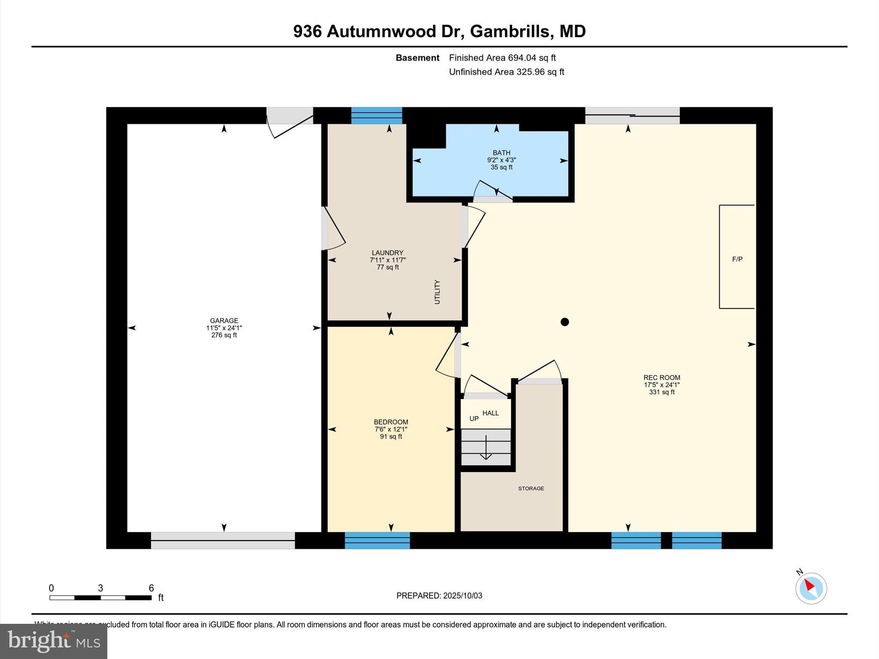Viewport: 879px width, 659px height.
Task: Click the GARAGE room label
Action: click(224, 320)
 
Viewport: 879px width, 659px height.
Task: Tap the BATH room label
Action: click(501, 153)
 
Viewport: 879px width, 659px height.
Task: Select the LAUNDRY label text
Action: click(387, 253)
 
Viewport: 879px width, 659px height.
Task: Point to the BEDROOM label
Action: click(391, 422)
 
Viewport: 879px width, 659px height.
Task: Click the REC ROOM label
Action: click(661, 378)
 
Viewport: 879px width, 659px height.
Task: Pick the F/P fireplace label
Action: click(737, 259)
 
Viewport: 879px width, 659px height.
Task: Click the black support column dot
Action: click(565, 322)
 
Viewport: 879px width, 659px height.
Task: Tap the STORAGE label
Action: click(531, 488)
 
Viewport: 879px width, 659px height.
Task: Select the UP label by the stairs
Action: click(474, 419)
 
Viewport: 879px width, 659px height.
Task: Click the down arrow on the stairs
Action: click(486, 448)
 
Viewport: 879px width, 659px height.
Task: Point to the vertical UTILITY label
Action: click(437, 292)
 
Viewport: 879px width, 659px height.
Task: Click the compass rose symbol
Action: click(811, 588)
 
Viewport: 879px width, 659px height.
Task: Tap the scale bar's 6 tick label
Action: click(151, 588)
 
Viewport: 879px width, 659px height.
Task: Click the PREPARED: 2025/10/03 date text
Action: click(439, 596)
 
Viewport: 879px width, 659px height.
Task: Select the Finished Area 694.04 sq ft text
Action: click(502, 57)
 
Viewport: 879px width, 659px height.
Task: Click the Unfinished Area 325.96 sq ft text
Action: click(506, 72)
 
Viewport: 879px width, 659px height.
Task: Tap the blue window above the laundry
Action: click(376, 115)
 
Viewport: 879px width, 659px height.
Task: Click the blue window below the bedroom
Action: click(377, 541)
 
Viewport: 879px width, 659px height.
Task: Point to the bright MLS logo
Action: click(54, 641)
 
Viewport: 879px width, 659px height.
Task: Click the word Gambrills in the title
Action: click(509, 31)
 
